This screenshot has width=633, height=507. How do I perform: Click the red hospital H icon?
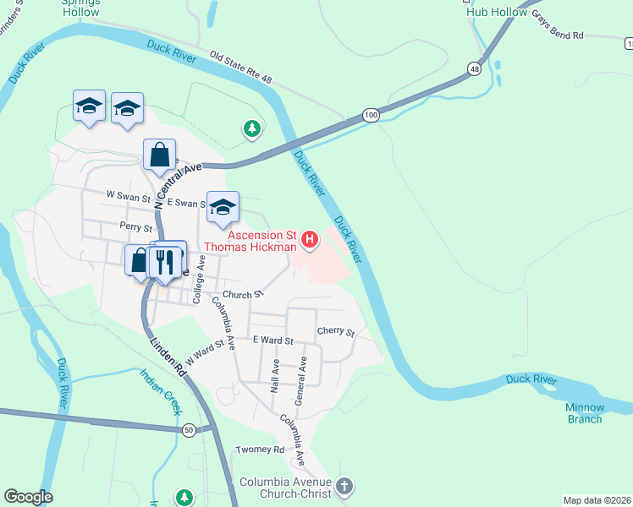pos(310,240)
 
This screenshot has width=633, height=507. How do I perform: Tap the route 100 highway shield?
pos(370,115)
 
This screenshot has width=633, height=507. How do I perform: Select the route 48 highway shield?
pos(473,68)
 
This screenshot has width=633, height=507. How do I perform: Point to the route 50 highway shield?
pos(188,429)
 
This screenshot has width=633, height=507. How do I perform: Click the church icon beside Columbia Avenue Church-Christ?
pos(344,486)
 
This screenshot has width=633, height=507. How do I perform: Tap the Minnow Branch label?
pos(584,413)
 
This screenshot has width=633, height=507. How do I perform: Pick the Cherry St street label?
pos(335,332)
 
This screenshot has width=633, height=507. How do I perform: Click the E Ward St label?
pos(272,341)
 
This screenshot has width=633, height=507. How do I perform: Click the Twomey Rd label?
pos(260,450)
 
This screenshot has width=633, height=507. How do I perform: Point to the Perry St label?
pos(135,227)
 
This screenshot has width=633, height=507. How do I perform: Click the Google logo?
pos(28,497)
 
